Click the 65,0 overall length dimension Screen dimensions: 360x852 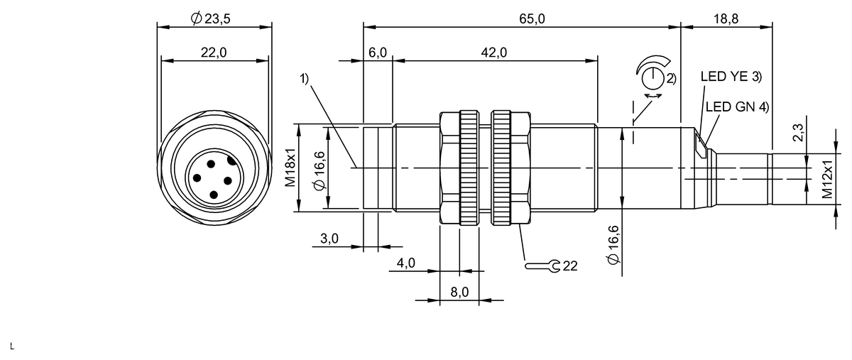(x=532, y=19)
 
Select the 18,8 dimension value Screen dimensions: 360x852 (x=726, y=19)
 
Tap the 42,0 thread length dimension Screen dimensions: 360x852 (x=494, y=53)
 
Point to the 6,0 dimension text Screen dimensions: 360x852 (x=378, y=53)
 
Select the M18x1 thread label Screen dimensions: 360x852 (x=290, y=168)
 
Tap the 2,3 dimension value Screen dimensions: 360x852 (x=798, y=133)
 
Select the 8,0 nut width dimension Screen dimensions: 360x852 (x=459, y=292)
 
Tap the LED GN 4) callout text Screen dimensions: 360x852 (x=737, y=107)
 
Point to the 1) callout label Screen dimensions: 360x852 (x=304, y=80)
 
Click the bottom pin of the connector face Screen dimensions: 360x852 (x=214, y=193)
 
